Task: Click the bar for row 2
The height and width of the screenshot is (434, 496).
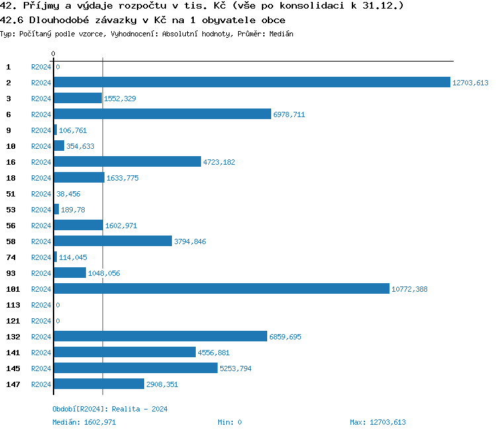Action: click(x=252, y=83)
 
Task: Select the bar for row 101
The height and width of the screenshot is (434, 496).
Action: click(x=222, y=289)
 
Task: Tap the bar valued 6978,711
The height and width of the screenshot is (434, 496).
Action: click(x=163, y=114)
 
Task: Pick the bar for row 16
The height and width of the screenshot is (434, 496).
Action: click(x=127, y=162)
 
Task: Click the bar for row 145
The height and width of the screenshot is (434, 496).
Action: click(x=136, y=369)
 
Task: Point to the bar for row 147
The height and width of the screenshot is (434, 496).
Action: click(x=99, y=384)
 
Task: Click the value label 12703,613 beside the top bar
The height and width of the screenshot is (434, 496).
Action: click(x=470, y=83)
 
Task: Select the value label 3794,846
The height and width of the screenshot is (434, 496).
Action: click(x=190, y=241)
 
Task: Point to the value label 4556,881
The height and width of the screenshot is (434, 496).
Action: click(x=214, y=353)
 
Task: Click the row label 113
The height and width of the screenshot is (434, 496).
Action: click(x=13, y=305)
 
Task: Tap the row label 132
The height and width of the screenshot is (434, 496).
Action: click(x=13, y=337)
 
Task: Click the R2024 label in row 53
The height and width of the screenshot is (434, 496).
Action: click(x=41, y=210)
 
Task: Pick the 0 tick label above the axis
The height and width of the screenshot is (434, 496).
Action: click(x=54, y=54)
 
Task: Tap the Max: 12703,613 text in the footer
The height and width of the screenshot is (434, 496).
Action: click(x=378, y=422)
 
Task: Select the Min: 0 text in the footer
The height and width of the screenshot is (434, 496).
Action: click(x=229, y=422)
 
